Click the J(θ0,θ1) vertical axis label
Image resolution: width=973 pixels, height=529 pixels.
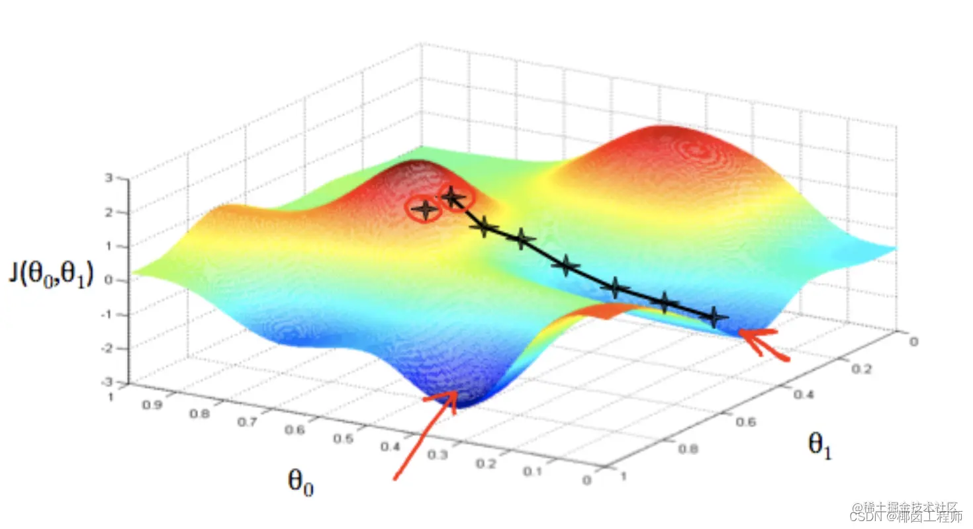coord(51,274)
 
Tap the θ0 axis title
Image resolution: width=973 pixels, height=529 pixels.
coord(301,481)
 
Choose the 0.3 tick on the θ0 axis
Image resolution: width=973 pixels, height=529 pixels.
coord(437,456)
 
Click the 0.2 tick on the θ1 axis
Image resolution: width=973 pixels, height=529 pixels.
coord(860,369)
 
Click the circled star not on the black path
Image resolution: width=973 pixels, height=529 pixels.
coord(424,209)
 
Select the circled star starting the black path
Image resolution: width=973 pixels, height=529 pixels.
coord(453,196)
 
